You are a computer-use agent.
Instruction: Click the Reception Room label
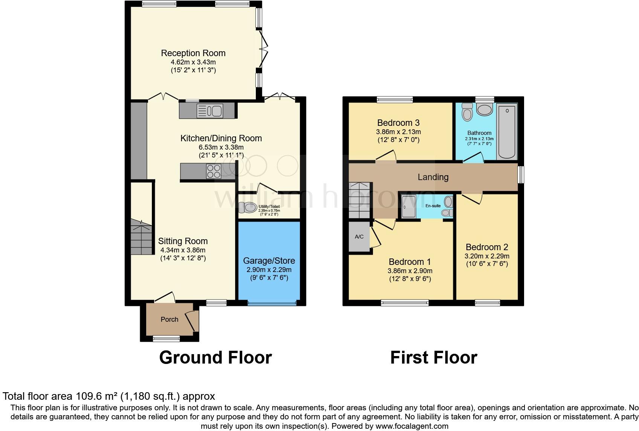193,53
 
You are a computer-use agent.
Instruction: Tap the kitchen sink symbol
210,111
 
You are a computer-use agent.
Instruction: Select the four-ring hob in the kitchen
214,171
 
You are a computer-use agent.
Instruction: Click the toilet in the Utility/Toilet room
247,207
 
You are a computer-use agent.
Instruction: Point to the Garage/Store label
269,261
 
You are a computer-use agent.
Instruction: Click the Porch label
169,319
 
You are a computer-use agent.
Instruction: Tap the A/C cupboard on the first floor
359,237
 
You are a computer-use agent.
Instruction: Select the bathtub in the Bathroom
507,132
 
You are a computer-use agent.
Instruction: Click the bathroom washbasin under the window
484,110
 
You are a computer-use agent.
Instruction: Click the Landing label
433,177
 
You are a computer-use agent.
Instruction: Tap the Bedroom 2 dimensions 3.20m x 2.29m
487,256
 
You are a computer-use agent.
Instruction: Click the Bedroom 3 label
398,123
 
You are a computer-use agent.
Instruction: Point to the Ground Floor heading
215,357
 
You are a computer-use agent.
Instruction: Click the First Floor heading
433,357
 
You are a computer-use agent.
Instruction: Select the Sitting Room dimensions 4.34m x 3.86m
183,250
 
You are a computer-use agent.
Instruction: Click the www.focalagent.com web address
412,426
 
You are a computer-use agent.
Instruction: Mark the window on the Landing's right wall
521,175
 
